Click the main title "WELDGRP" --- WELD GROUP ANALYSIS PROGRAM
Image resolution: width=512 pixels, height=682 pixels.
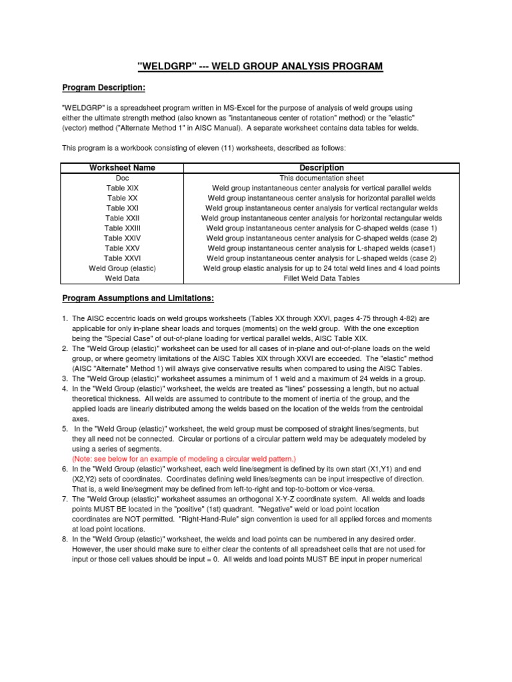click(x=260, y=66)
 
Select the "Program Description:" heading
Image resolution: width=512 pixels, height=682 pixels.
click(x=103, y=88)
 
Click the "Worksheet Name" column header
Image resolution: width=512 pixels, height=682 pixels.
click(x=122, y=169)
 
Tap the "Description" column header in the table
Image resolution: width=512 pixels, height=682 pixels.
click(x=321, y=169)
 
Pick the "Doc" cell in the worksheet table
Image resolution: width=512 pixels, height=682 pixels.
click(x=122, y=178)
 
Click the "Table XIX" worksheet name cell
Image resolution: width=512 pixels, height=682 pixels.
click(x=122, y=188)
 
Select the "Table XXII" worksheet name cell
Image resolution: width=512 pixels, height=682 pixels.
click(x=122, y=218)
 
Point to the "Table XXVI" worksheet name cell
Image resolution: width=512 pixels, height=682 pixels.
click(x=122, y=258)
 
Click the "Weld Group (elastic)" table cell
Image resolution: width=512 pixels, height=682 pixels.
click(x=122, y=268)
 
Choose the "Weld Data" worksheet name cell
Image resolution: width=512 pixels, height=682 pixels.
click(x=122, y=278)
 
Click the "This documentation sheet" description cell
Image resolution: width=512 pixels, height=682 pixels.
click(x=321, y=178)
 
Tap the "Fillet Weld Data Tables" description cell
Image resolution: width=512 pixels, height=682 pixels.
click(x=321, y=278)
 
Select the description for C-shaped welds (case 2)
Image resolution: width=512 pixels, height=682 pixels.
click(x=321, y=238)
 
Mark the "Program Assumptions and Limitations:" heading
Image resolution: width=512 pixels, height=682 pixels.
click(x=138, y=298)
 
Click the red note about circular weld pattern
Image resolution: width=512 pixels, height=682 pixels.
click(x=183, y=460)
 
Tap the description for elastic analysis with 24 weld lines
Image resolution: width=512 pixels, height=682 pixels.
click(x=321, y=268)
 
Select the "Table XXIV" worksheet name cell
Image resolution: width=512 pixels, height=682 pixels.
click(x=122, y=238)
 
